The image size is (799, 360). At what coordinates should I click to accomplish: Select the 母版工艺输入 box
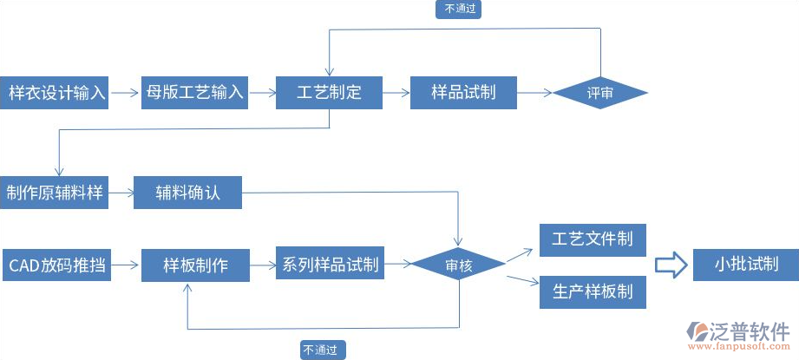point(195,92)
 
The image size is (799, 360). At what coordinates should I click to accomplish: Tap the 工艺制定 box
point(329,92)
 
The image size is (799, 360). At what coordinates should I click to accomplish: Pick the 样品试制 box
point(464,92)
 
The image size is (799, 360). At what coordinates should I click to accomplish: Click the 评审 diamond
point(600,93)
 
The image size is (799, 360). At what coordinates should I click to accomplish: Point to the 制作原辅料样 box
point(55,193)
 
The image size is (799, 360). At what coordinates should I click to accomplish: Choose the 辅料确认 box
point(188,193)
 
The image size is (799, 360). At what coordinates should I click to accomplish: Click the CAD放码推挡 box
point(57,265)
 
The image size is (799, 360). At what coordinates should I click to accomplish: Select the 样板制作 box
point(195,265)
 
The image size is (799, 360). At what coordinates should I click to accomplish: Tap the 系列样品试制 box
point(331,265)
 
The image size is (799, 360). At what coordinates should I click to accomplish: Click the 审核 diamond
point(458,265)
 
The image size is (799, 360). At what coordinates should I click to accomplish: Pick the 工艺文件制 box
point(593,239)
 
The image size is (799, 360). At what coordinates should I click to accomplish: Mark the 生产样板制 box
point(593,292)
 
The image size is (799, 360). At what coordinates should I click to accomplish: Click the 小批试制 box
point(745,265)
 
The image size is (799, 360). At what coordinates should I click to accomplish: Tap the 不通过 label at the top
point(461,10)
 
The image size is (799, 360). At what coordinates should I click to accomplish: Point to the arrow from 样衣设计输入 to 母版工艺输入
point(127,92)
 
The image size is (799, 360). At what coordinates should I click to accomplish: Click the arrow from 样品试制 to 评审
point(534,92)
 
